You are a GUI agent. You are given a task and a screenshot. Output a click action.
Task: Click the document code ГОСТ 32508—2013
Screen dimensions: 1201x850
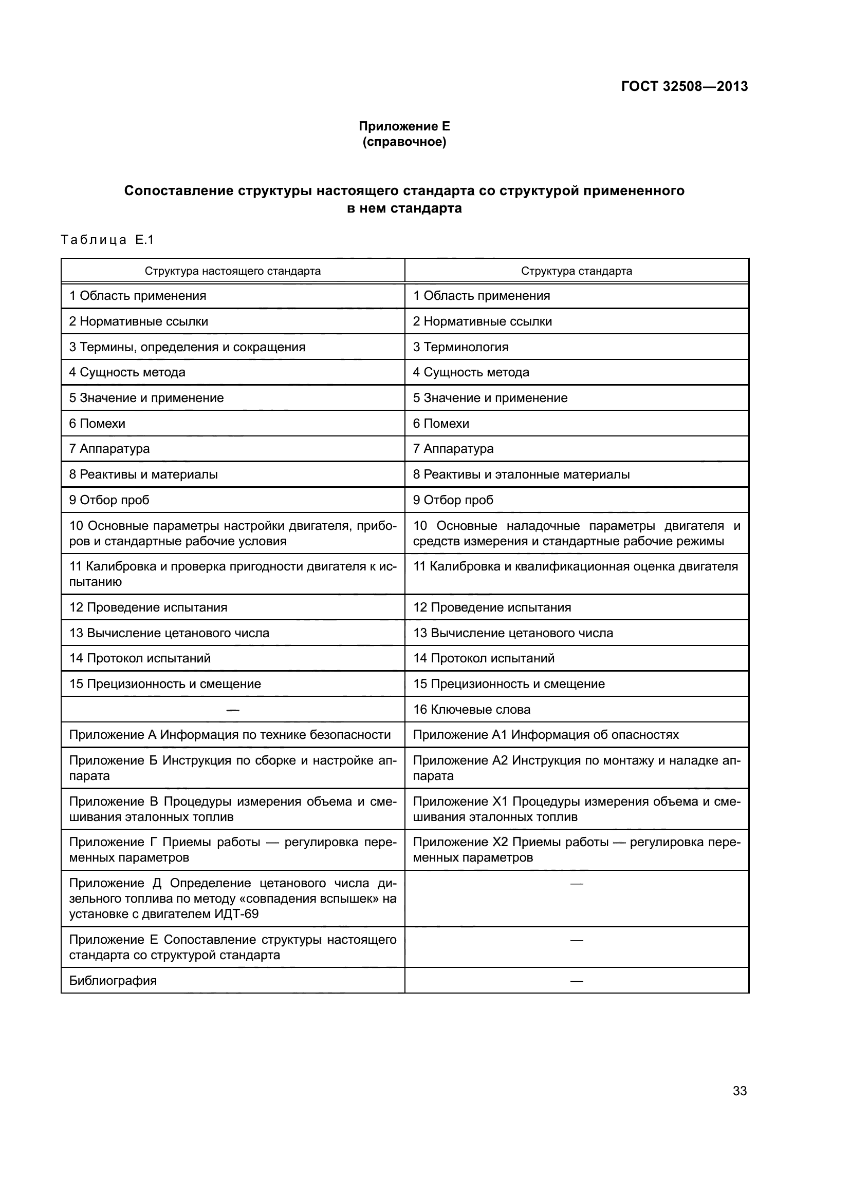pos(684,86)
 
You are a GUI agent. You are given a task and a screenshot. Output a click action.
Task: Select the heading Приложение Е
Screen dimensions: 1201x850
pos(404,126)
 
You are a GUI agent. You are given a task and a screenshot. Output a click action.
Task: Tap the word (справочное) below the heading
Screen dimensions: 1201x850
pos(404,142)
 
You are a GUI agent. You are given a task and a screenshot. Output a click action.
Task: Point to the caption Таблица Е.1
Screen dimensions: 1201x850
pos(107,240)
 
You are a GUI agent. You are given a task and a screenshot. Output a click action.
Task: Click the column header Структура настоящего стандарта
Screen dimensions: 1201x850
pos(232,271)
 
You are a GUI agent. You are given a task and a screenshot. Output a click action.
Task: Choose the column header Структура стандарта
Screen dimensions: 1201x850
pos(576,271)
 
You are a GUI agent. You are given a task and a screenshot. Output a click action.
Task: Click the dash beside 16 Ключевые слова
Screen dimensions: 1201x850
pos(232,710)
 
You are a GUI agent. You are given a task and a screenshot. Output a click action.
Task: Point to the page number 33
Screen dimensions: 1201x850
pos(740,1091)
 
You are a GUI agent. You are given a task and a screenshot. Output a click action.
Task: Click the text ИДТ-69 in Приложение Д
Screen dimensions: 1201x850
pos(236,914)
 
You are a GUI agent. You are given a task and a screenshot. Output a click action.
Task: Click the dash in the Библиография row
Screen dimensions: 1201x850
pos(576,981)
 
